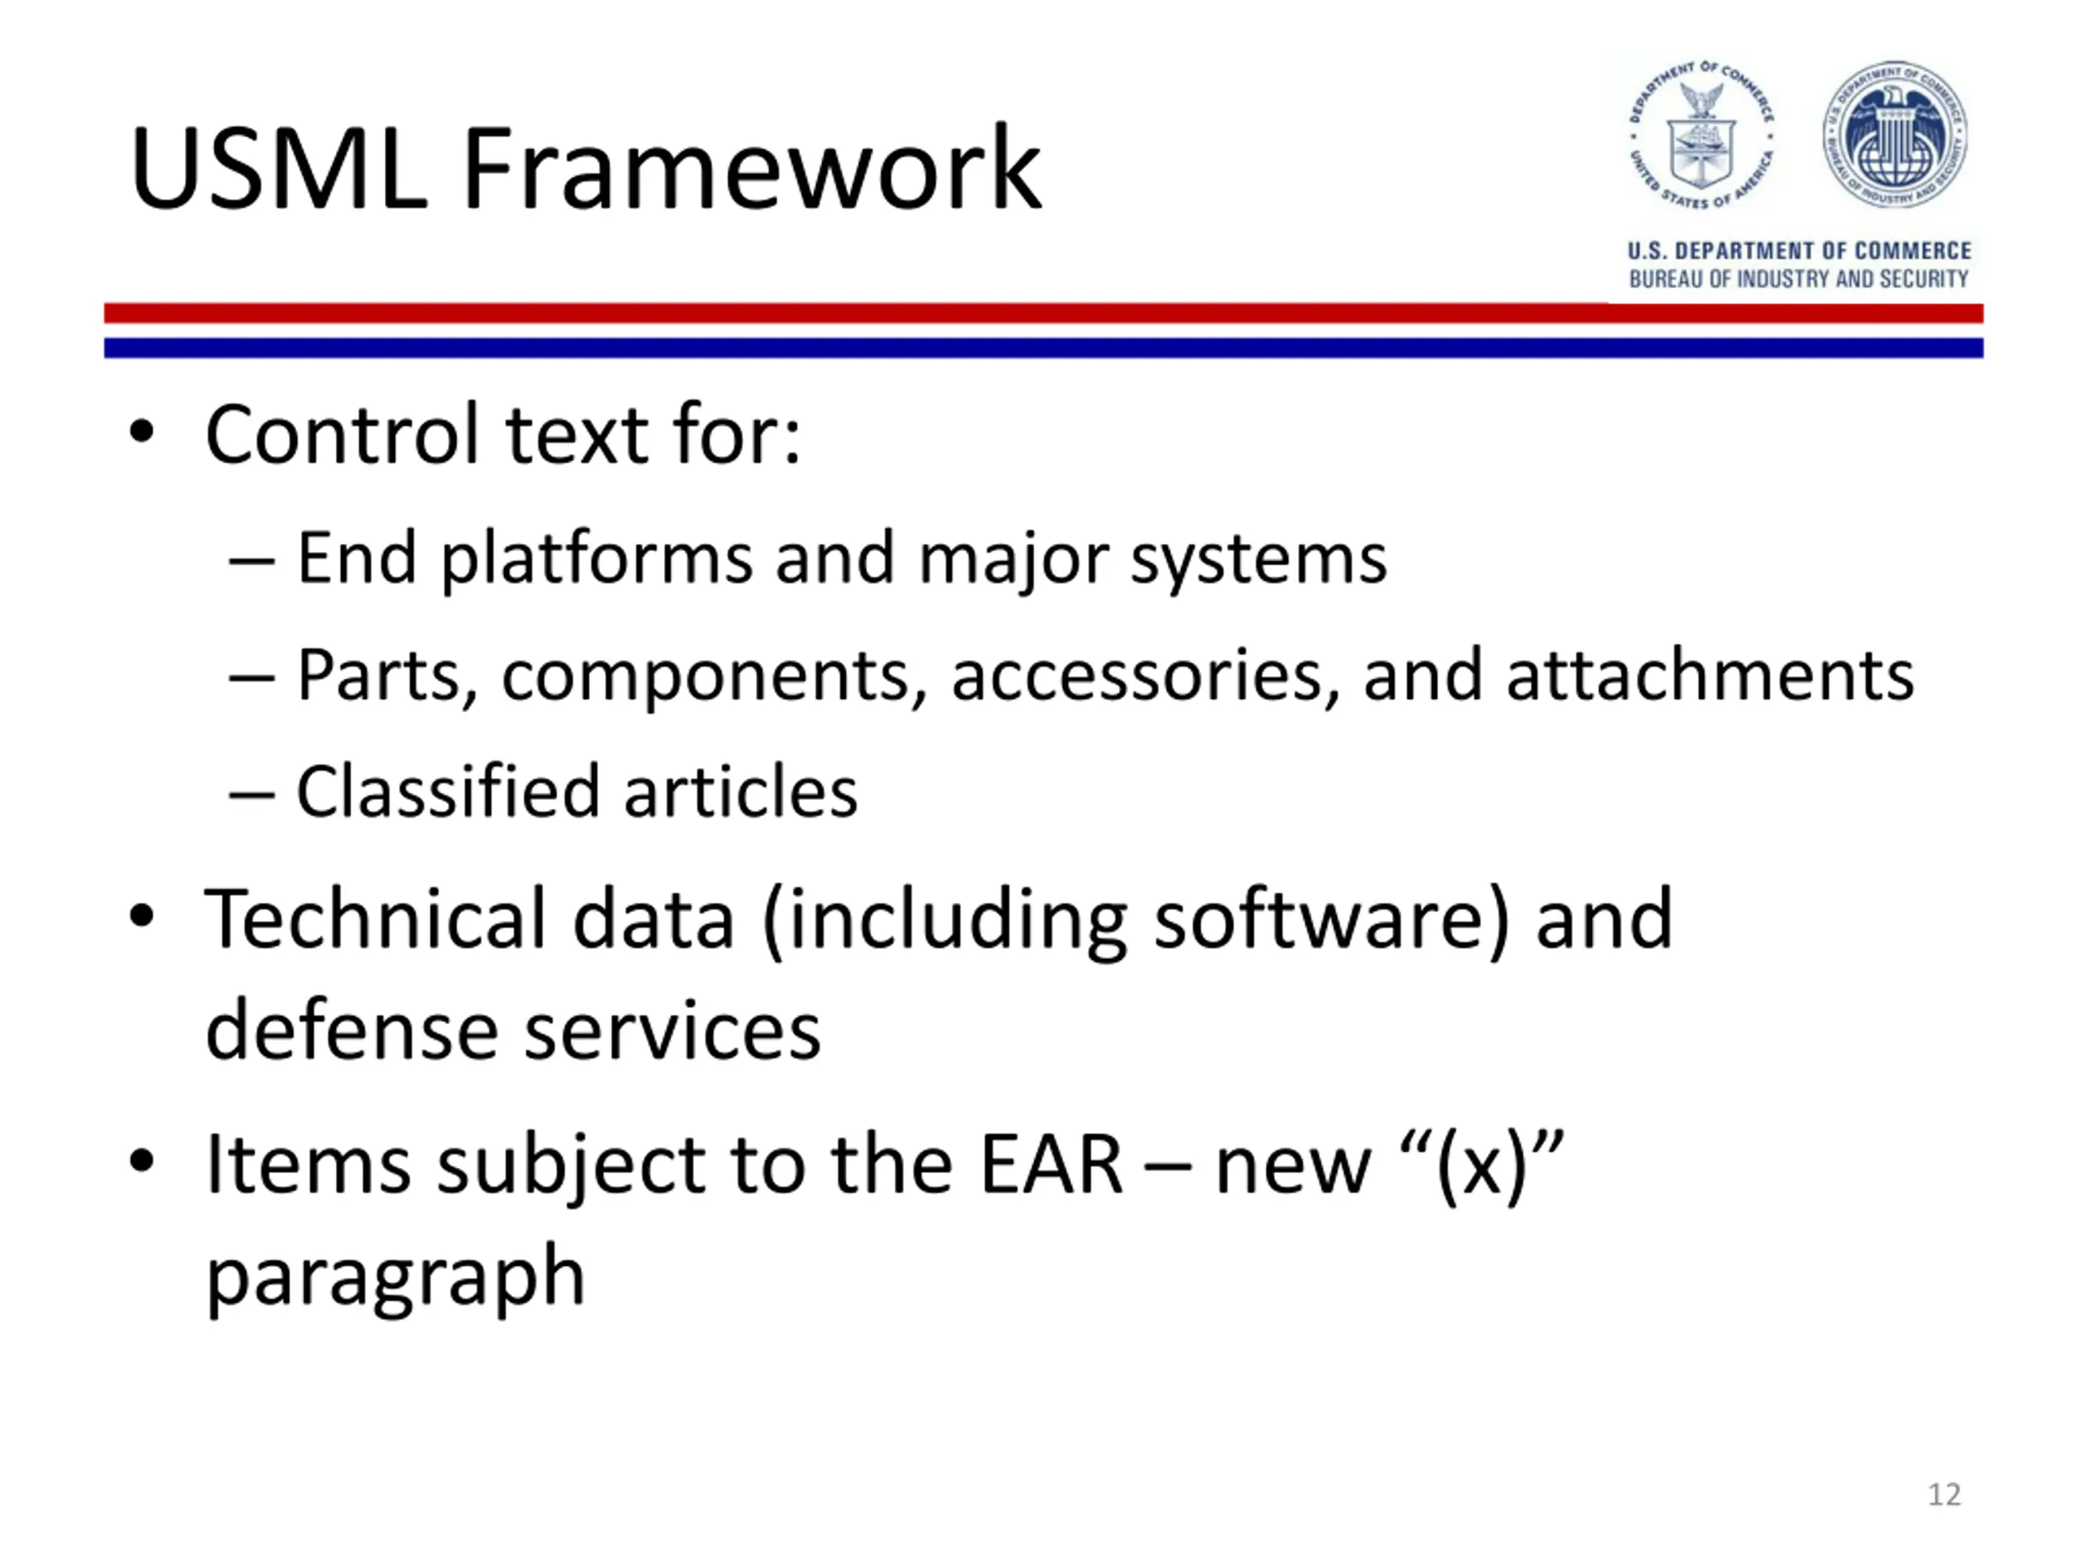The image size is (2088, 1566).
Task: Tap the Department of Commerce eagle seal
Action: pos(1701,135)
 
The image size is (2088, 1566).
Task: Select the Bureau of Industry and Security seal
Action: pos(1896,135)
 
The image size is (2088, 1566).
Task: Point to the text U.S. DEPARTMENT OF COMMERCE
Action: pos(1799,250)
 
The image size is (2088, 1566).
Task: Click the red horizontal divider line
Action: pos(1043,313)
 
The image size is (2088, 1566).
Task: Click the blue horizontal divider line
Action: pos(1043,348)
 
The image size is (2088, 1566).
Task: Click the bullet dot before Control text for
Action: pos(142,433)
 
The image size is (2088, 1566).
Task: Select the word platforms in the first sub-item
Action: pos(596,559)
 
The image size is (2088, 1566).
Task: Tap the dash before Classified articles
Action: pos(252,794)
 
